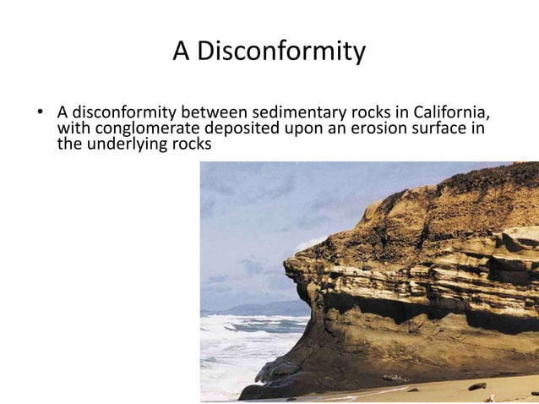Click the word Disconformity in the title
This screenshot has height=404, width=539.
pos(280,52)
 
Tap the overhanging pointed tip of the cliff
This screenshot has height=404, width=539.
pos(289,269)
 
